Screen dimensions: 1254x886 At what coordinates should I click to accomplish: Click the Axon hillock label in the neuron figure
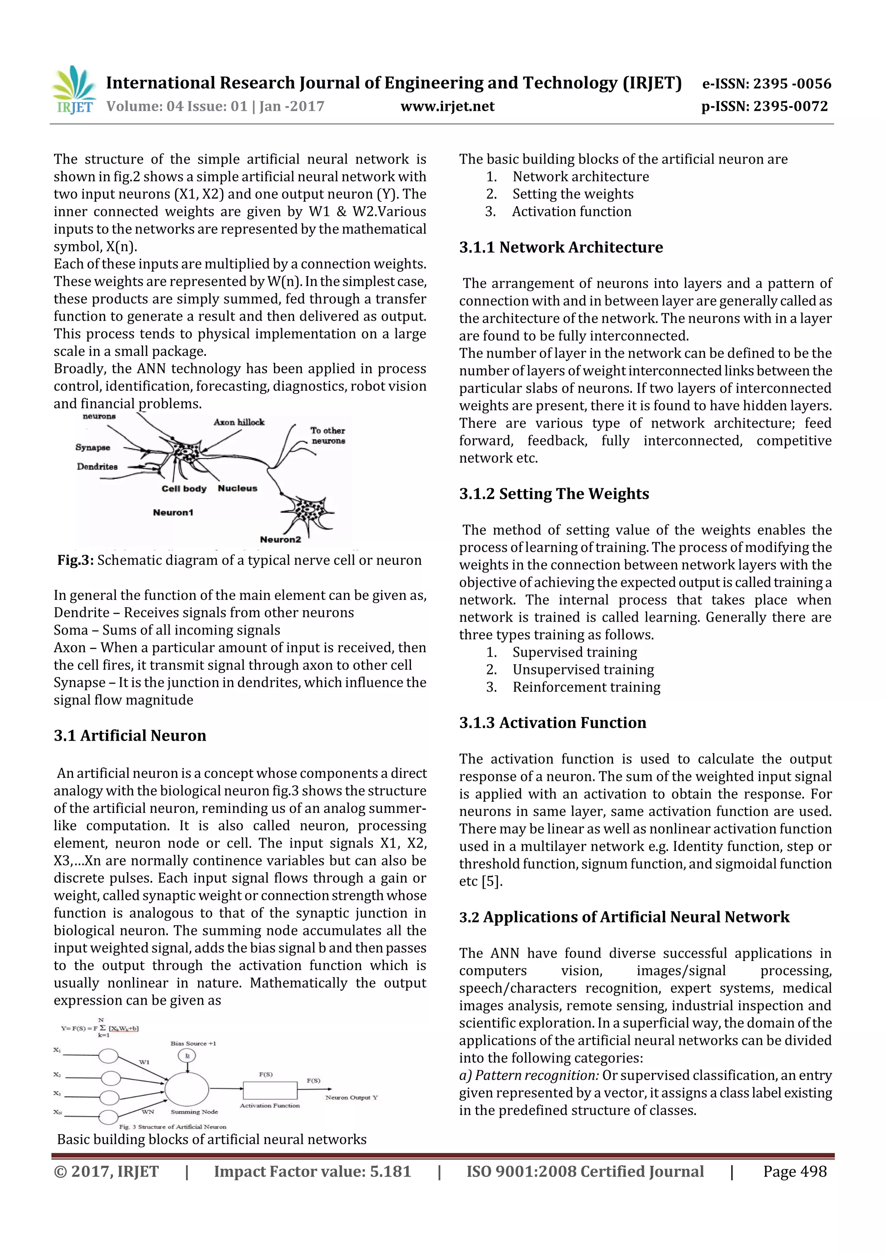point(238,422)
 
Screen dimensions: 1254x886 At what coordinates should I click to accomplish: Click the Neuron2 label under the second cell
point(280,540)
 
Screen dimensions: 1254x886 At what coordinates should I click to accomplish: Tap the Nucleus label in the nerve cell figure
point(237,488)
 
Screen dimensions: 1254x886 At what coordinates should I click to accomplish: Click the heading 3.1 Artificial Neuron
point(130,736)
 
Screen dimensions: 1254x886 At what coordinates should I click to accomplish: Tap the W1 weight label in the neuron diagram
point(144,1062)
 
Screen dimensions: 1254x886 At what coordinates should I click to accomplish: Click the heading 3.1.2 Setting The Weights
point(554,494)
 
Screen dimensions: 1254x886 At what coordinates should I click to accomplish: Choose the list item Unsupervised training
point(582,670)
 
